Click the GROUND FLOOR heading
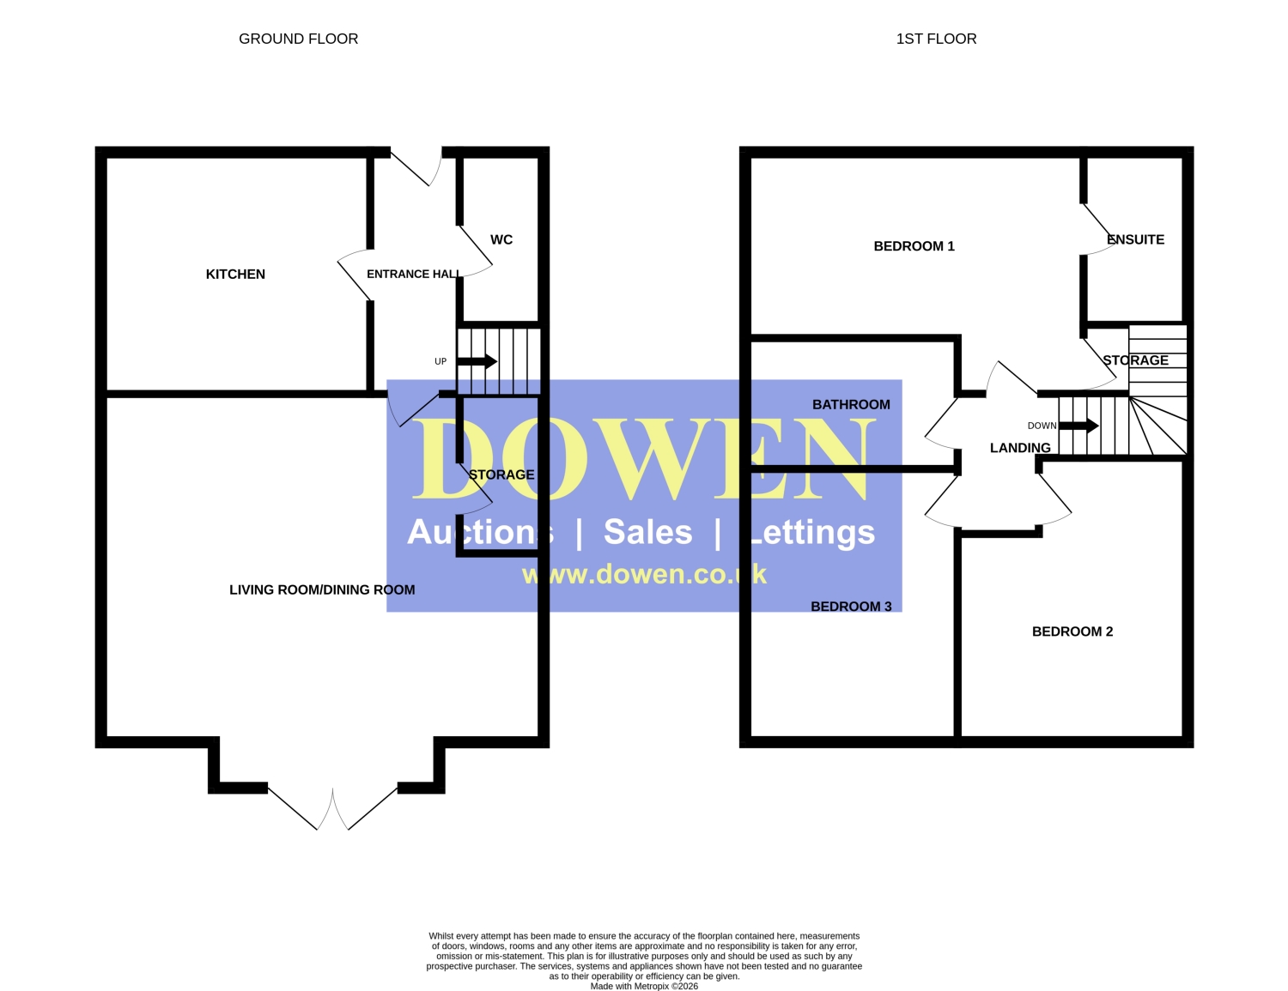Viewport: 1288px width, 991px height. point(298,39)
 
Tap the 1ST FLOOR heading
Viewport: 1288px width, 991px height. point(936,39)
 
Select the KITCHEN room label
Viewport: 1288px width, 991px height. point(235,274)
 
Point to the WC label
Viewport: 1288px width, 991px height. point(501,239)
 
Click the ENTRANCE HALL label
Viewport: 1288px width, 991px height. point(413,274)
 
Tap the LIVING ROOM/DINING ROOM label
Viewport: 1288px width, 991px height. point(322,589)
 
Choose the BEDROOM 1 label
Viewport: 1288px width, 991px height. point(914,246)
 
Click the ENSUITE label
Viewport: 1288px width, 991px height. point(1135,239)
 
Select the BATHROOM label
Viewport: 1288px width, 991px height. point(851,404)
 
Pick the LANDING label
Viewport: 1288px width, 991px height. point(1020,448)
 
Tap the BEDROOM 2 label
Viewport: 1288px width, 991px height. point(1072,631)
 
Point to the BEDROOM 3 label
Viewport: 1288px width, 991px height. point(851,607)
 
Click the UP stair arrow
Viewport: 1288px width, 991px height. point(477,361)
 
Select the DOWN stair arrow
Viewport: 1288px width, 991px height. point(1078,425)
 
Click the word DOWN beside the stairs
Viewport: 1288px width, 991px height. point(1042,426)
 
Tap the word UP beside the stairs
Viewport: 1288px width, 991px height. point(440,362)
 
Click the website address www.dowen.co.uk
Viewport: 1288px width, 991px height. point(644,574)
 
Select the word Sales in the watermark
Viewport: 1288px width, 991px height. point(647,532)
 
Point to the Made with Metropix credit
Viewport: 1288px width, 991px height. point(644,986)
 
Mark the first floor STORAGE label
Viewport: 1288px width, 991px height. point(1135,360)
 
